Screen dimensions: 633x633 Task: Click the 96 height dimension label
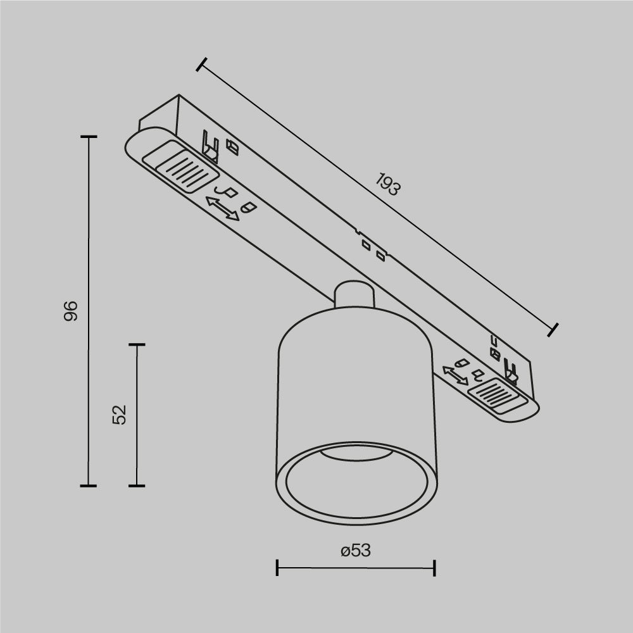(71, 311)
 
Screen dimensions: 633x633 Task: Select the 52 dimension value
(120, 415)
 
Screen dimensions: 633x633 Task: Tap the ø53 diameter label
(355, 551)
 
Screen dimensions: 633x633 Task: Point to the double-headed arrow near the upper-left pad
(223, 209)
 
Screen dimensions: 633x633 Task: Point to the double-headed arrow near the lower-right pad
(455, 375)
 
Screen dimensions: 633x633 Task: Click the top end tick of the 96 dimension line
(89, 137)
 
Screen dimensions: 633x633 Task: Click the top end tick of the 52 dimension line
(137, 345)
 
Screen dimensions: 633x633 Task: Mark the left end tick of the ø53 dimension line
(277, 567)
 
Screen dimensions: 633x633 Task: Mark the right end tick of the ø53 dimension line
(434, 567)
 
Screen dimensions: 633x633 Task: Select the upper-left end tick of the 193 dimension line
(202, 64)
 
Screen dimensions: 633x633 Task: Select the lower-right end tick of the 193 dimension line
(553, 329)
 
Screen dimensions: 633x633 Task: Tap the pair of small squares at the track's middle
(372, 249)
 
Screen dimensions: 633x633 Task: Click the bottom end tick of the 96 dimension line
(89, 486)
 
